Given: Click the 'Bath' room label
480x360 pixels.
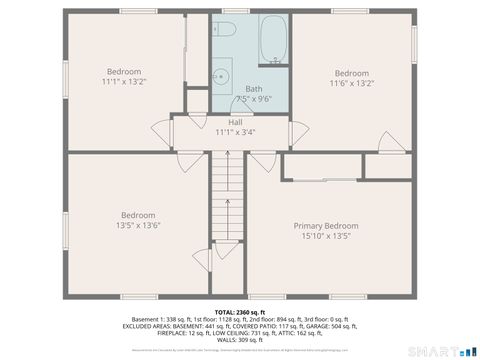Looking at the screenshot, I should click(254, 89).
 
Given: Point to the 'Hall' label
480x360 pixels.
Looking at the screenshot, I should click(235, 122).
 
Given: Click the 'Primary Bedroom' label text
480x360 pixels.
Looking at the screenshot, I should click(326, 226).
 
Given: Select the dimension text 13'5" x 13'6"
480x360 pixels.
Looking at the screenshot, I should click(138, 226).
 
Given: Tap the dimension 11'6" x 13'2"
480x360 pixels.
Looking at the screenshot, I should click(351, 84).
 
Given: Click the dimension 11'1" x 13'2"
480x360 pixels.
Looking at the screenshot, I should click(124, 83).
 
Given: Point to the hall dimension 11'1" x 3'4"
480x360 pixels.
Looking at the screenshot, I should click(235, 132).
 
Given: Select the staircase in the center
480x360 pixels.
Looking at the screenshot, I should click(228, 210).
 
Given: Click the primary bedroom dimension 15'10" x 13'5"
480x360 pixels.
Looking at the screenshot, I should click(326, 237).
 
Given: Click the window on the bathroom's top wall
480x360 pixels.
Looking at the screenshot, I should click(236, 11).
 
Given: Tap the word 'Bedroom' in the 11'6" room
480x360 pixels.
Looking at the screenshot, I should click(351, 73).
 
